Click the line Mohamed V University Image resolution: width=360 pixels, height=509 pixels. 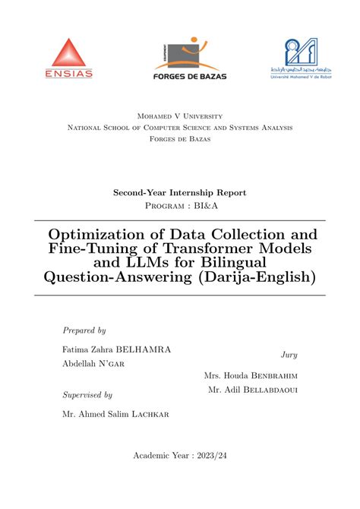click(180, 116)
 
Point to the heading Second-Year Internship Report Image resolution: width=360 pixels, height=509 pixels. click(180, 193)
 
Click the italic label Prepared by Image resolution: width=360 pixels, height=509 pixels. click(84, 330)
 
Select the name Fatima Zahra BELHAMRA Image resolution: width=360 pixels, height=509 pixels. click(116, 349)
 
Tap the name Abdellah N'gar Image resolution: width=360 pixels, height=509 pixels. click(93, 364)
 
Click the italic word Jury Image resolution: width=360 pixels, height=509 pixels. click(289, 355)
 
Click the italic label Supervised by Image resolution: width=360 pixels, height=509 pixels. click(87, 395)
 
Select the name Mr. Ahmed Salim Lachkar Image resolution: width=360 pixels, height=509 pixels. click(115, 414)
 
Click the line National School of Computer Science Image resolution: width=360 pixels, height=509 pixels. click(180, 128)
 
